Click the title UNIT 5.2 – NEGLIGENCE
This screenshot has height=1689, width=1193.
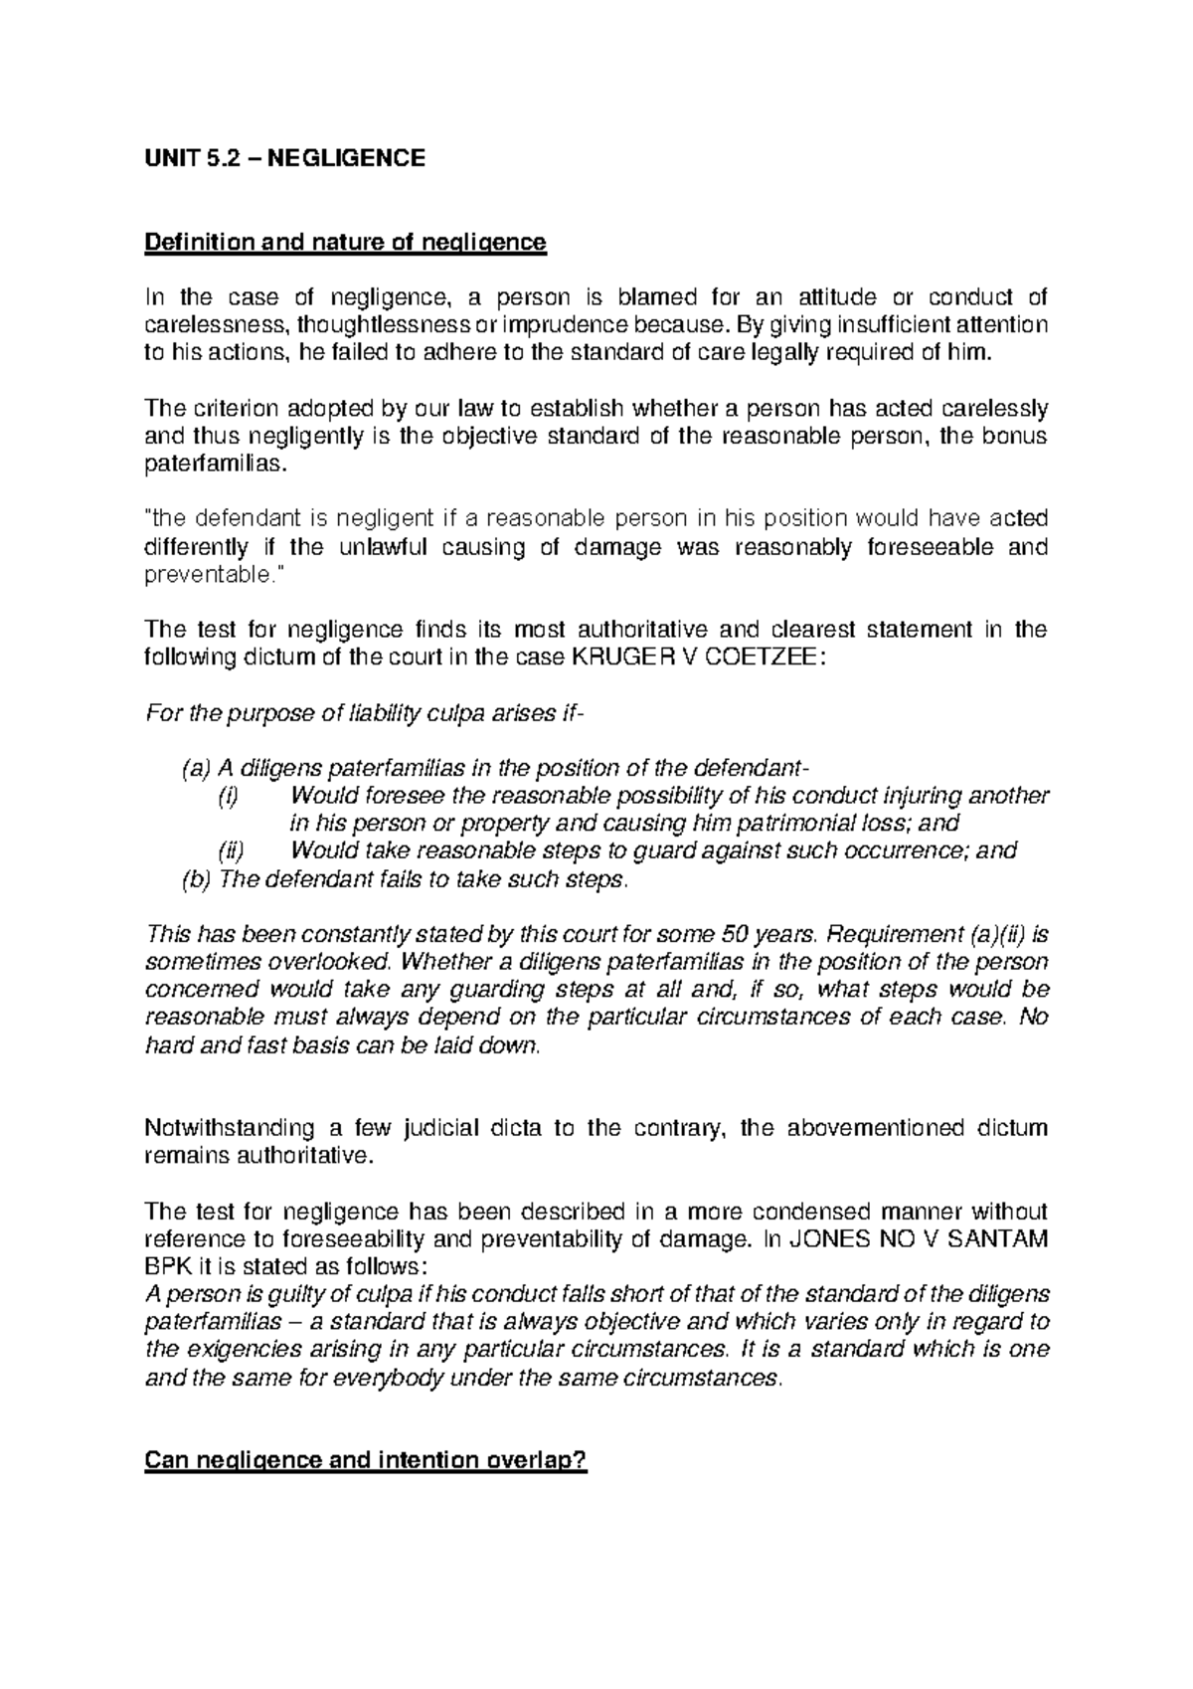pyautogui.click(x=284, y=157)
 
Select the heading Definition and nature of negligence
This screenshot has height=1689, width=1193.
pyautogui.click(x=345, y=242)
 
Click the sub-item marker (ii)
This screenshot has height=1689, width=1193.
pyautogui.click(x=231, y=851)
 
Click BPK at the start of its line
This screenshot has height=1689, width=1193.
pyautogui.click(x=167, y=1267)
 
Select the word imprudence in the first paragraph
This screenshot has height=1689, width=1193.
pyautogui.click(x=563, y=324)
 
